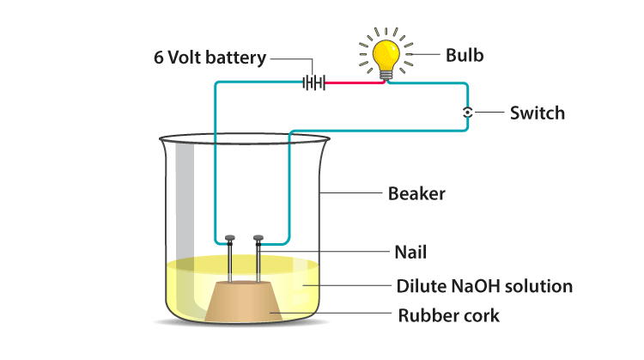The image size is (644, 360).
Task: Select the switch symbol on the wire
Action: click(467, 113)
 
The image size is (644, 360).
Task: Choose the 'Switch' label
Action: click(538, 113)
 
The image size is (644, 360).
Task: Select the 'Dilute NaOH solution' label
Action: click(484, 285)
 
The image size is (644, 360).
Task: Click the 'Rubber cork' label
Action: click(448, 315)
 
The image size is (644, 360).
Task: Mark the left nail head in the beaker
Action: click(230, 238)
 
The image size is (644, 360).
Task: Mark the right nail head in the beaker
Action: click(258, 238)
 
